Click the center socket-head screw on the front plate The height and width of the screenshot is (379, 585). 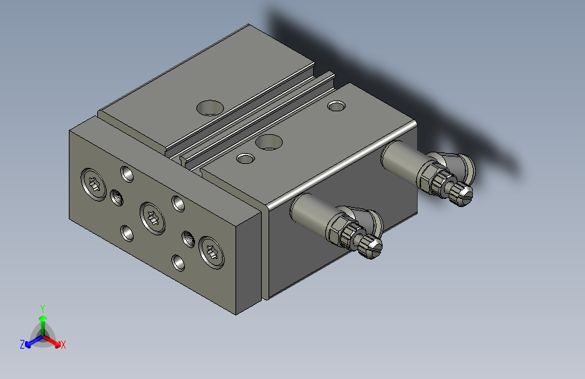click(152, 218)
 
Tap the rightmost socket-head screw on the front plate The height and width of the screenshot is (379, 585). click(211, 254)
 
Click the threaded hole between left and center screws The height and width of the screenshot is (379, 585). click(116, 197)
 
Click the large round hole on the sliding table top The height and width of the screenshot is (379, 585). click(211, 107)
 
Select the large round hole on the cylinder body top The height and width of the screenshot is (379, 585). click(269, 142)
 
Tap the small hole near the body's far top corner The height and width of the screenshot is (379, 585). click(336, 105)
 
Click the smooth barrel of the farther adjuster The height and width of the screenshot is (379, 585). click(402, 163)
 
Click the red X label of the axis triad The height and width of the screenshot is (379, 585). click(63, 345)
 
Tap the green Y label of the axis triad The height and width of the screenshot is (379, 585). click(42, 308)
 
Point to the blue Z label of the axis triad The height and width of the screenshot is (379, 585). click(22, 344)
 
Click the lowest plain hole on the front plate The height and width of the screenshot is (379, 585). click(178, 262)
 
